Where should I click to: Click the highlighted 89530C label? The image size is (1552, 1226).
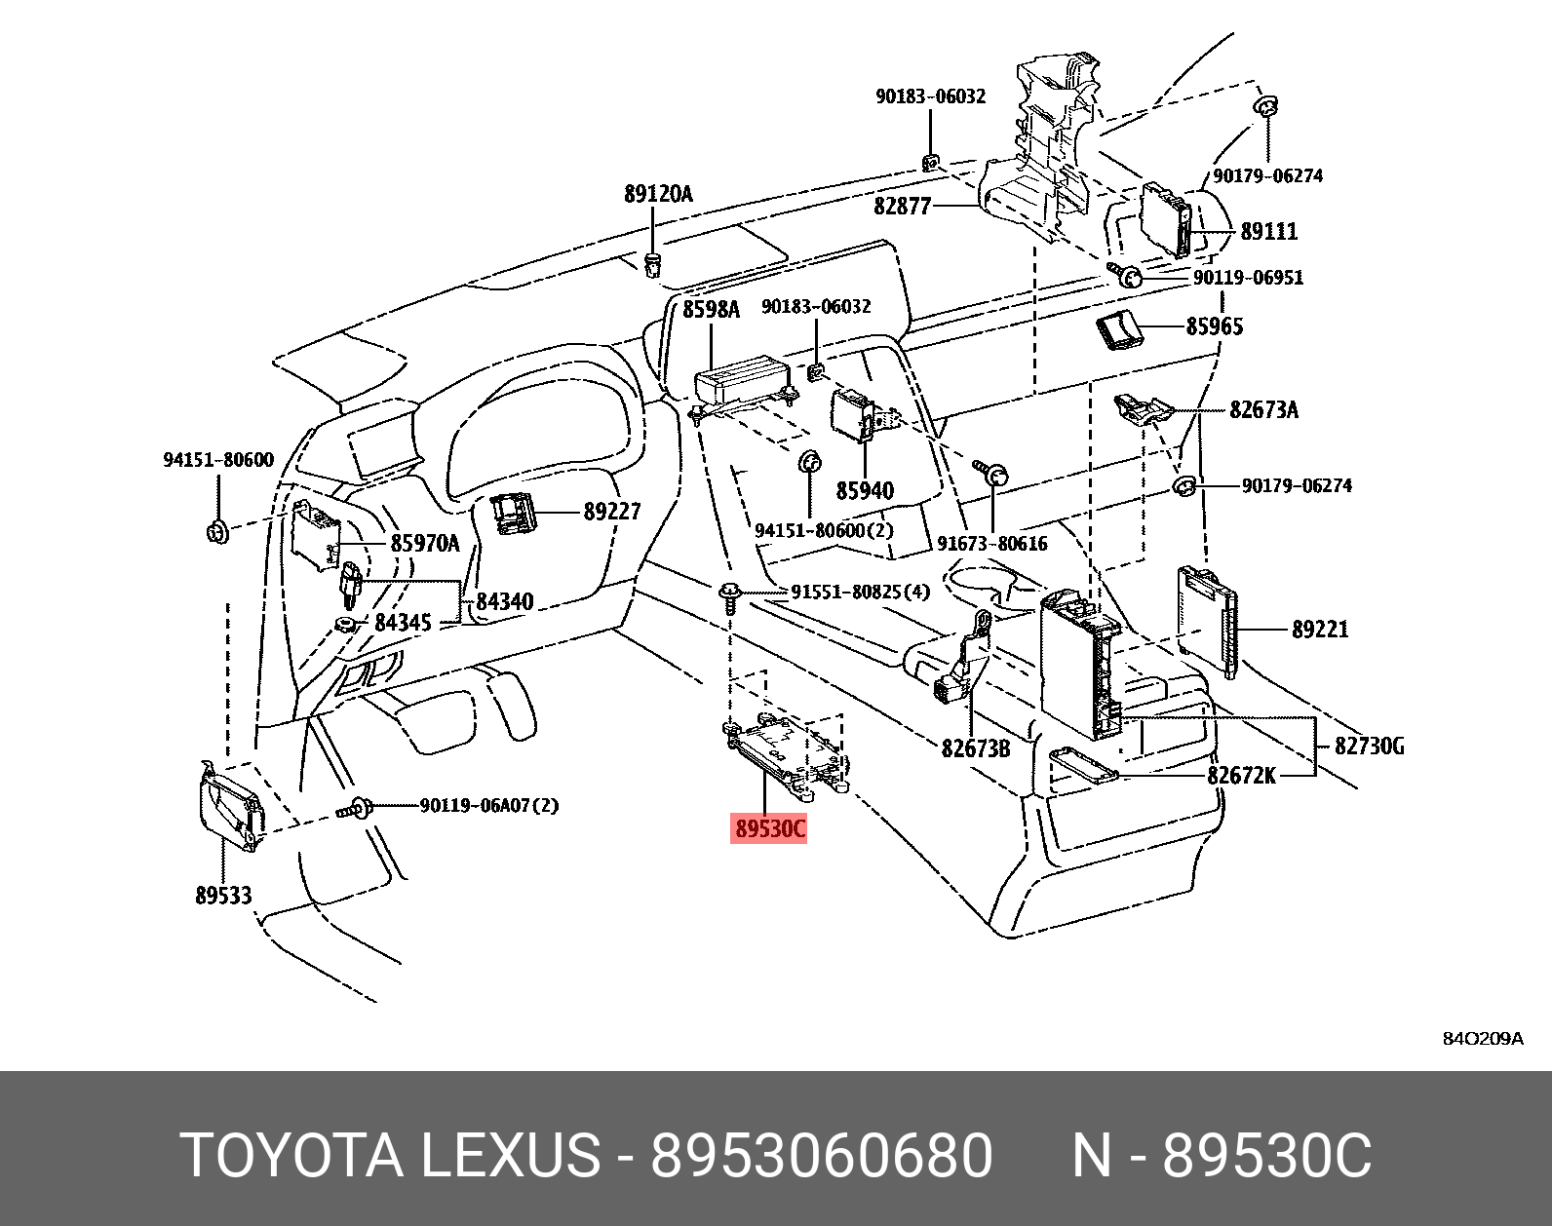(769, 829)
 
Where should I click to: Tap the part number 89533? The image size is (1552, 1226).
(223, 895)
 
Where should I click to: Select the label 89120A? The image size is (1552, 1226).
(658, 194)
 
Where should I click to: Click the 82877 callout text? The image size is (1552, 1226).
(903, 207)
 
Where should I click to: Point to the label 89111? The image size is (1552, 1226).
(1269, 231)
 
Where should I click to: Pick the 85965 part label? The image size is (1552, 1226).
(1215, 326)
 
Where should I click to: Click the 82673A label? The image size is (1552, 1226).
(1263, 409)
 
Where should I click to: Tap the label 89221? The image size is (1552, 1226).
(1320, 630)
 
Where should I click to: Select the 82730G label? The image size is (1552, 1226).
(1369, 747)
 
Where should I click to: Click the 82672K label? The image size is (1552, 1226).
(1241, 775)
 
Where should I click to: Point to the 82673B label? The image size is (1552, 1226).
(975, 748)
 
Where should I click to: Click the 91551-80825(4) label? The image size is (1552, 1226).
(860, 592)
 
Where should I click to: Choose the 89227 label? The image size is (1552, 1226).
(611, 512)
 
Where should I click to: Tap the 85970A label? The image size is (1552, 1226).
(424, 543)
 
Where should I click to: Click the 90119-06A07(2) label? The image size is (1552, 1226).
(489, 806)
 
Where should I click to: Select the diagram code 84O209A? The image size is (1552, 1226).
(1483, 1038)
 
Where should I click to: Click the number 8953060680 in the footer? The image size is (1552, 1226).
(821, 1156)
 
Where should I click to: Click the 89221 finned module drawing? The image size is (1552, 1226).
(1209, 618)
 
